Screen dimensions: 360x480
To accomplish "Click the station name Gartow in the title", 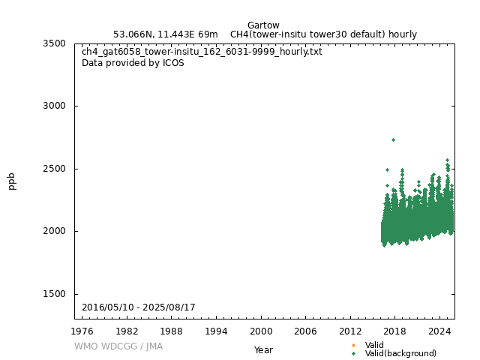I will [263, 25].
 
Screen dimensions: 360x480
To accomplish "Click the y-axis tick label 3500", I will [55, 43].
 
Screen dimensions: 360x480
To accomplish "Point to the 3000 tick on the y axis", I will [55, 106].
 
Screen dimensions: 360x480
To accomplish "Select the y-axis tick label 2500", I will [55, 169].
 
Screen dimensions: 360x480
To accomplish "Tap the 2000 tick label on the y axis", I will [55, 231].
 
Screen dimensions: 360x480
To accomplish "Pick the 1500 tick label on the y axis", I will [55, 294].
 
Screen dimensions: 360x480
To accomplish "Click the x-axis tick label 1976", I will [82, 331].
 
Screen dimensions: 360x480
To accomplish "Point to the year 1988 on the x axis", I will [172, 331].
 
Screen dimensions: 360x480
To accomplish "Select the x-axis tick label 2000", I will [261, 331].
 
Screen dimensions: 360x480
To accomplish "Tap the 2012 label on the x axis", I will [350, 331].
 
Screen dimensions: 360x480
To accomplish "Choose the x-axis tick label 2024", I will [439, 331].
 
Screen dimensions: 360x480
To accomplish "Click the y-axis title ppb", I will [12, 181].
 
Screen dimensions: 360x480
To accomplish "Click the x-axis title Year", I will [263, 349].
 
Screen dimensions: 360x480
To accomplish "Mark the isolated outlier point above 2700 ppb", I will [393, 139].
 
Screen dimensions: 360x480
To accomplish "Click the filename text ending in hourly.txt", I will [202, 52].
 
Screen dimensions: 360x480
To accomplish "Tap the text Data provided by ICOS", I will [133, 63].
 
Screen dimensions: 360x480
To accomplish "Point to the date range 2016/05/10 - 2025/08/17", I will [139, 307].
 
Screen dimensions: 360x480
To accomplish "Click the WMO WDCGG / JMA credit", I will [118, 346].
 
